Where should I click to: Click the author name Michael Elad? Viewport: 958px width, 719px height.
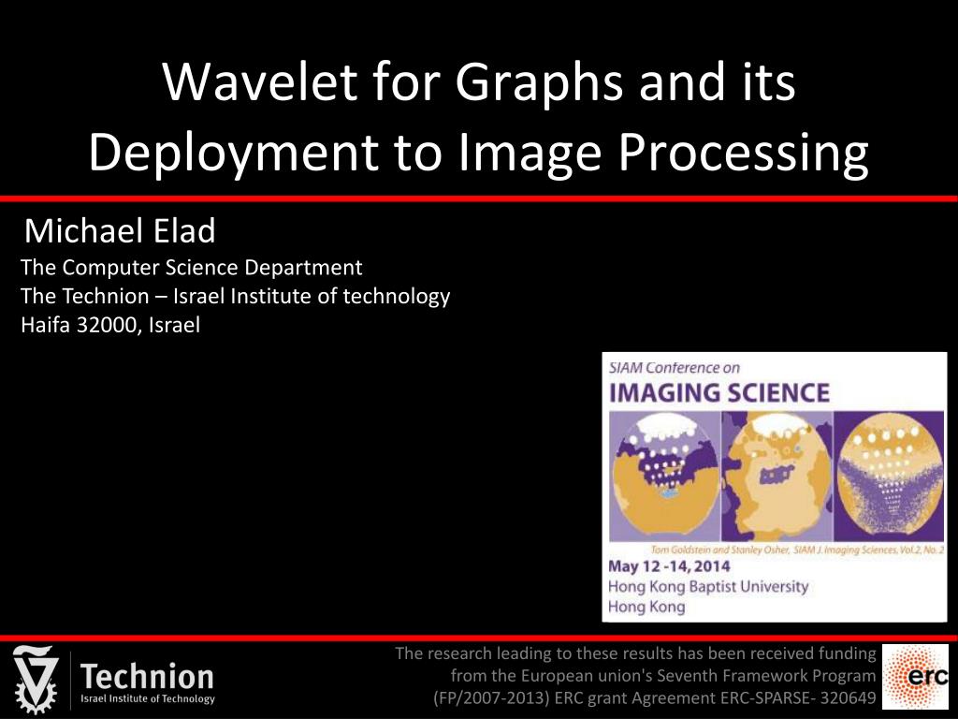(x=120, y=230)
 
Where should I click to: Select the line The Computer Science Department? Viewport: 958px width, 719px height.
(x=191, y=268)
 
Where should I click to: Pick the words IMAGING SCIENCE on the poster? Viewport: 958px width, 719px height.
(x=719, y=392)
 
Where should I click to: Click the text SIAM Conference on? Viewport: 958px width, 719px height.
(x=675, y=368)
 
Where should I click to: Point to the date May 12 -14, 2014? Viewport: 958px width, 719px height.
(x=669, y=566)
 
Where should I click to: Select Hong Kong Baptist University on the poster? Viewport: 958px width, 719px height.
(x=707, y=587)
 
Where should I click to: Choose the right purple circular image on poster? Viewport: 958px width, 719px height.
(x=885, y=476)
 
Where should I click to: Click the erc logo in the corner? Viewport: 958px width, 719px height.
(x=915, y=676)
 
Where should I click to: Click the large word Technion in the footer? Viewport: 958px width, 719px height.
(x=147, y=676)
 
